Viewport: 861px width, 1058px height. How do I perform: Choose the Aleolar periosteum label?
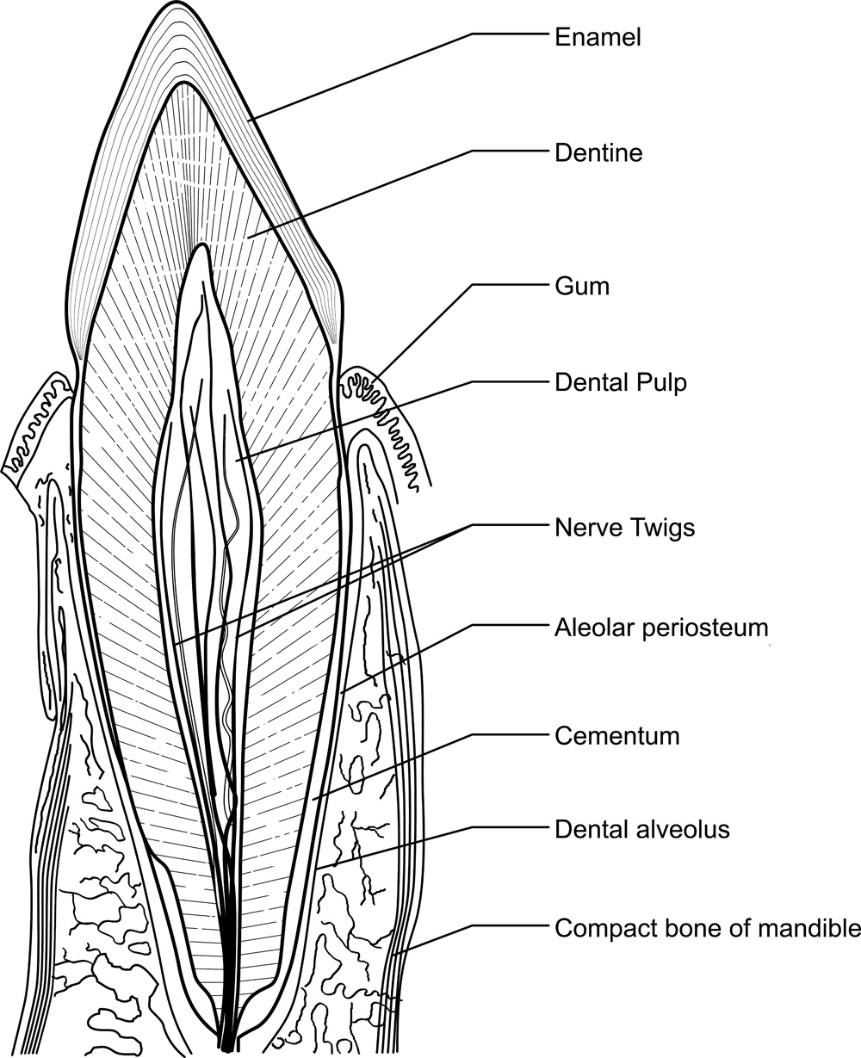pyautogui.click(x=660, y=627)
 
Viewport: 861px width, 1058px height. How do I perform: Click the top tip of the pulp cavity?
pyautogui.click(x=202, y=247)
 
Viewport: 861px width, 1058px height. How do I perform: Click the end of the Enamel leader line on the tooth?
pyautogui.click(x=250, y=121)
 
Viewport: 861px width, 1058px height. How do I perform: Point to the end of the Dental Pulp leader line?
pyautogui.click(x=238, y=462)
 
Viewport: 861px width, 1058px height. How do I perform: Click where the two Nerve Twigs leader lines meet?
pyautogui.click(x=473, y=524)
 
